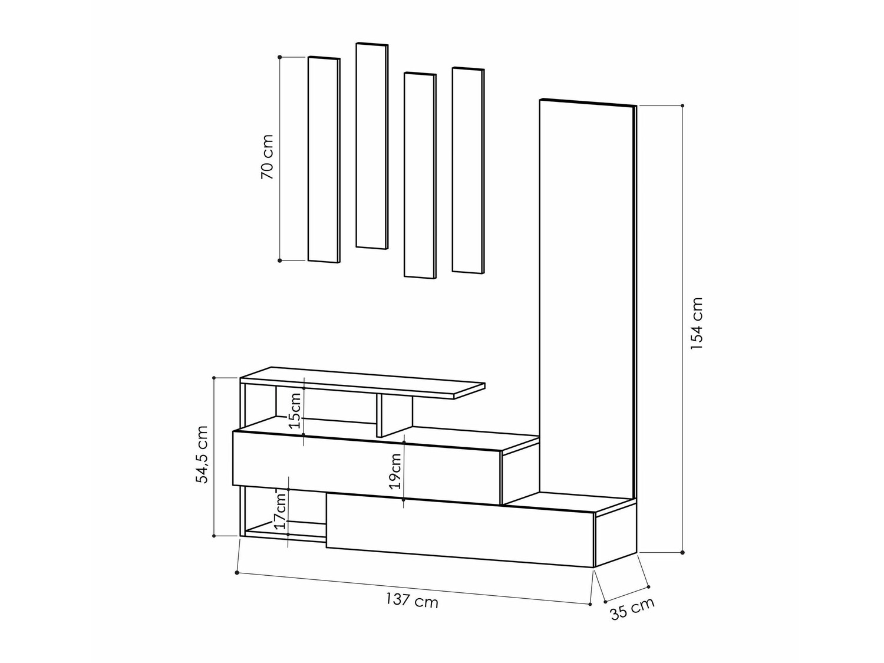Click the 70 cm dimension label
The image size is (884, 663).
coord(267,157)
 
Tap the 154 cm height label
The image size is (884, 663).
coord(697,323)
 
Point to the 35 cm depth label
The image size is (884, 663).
coord(632,608)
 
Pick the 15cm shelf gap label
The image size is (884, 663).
coord(295,410)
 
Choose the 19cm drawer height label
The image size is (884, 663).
coord(395,471)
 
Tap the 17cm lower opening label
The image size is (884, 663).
coord(281,510)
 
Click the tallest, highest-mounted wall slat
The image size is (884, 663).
coord(372,146)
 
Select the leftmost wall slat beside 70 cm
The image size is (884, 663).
coord(324,160)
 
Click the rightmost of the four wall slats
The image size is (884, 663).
coord(468,171)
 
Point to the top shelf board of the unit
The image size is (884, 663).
coord(362,382)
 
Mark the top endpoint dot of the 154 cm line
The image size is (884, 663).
coord(682,106)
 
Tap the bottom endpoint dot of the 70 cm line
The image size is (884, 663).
coord(280,260)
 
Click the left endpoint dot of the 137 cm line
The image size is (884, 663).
coord(237,572)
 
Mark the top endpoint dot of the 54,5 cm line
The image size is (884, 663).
coord(214,378)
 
